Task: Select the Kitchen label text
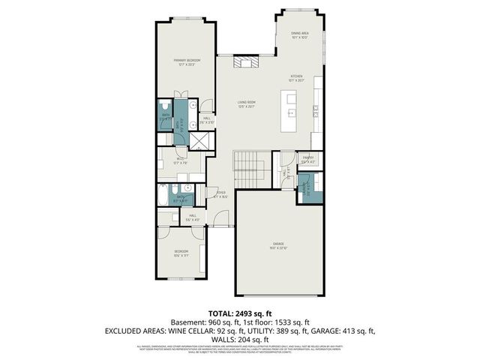pyautogui.click(x=297, y=77)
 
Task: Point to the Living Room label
pyautogui.click(x=247, y=104)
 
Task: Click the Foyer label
pyautogui.click(x=220, y=193)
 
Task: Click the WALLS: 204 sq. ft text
pyautogui.click(x=239, y=339)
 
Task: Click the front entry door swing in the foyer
pyautogui.click(x=219, y=218)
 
